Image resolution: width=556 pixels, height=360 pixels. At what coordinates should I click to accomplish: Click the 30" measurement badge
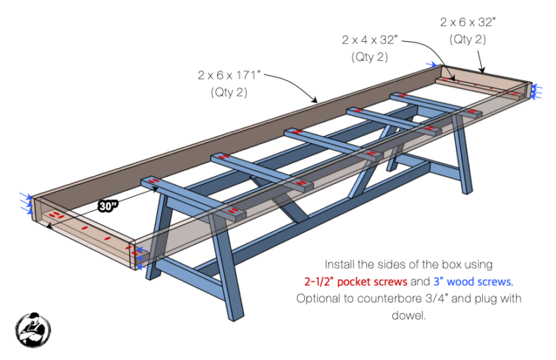[109, 206]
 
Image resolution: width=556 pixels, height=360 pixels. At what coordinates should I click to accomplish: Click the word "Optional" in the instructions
[321, 298]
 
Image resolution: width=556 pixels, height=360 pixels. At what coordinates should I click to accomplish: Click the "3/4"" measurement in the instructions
[445, 298]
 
